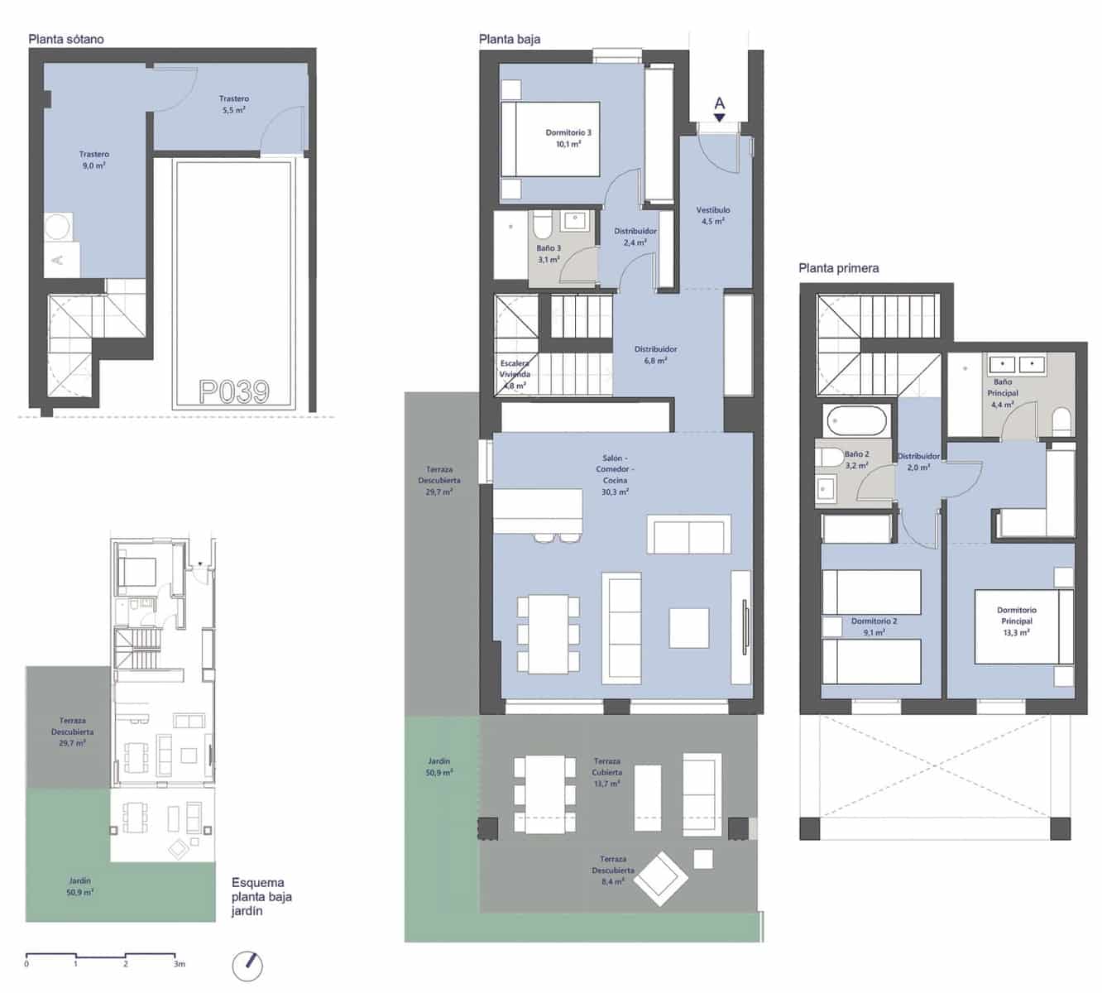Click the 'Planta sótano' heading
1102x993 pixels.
[65, 39]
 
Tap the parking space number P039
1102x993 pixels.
[234, 391]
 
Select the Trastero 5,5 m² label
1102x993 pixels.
[234, 104]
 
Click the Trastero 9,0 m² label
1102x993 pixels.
[93, 160]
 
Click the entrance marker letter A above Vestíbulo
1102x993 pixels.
[719, 103]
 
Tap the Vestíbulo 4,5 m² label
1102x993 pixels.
[712, 215]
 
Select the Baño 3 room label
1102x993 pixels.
[549, 253]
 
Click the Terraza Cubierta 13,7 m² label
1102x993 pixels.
[606, 772]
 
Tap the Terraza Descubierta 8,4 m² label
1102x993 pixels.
[613, 870]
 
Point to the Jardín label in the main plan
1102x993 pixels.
[439, 766]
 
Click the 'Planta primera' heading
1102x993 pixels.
[838, 268]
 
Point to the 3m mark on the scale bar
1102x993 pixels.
[179, 963]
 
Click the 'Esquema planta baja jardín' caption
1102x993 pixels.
[261, 896]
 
